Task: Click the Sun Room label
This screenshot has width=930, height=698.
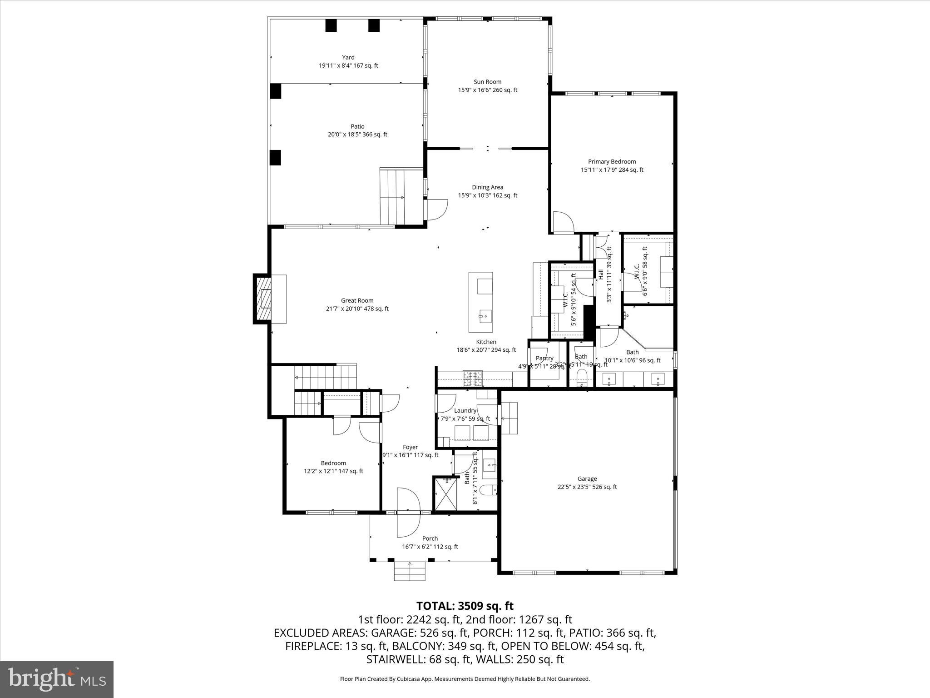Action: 487,82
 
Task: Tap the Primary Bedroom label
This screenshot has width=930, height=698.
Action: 612,161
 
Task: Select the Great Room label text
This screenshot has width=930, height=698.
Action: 357,300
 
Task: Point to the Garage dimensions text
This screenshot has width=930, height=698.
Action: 587,487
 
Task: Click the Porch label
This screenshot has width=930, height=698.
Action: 430,538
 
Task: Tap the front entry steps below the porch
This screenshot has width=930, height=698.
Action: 410,571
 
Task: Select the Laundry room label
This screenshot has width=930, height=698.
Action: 465,410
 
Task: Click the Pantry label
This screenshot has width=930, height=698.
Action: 544,358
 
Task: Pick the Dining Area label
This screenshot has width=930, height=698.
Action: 487,187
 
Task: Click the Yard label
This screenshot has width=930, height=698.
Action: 348,57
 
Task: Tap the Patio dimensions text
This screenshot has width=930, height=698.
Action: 357,135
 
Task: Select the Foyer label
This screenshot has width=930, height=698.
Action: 410,447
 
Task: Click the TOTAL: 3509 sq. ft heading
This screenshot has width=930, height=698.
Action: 465,606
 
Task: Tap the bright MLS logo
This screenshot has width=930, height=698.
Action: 57,679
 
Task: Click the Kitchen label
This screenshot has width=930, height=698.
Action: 486,342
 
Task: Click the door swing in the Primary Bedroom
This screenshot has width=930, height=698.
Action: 563,223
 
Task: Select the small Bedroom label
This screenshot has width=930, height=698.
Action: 333,463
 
